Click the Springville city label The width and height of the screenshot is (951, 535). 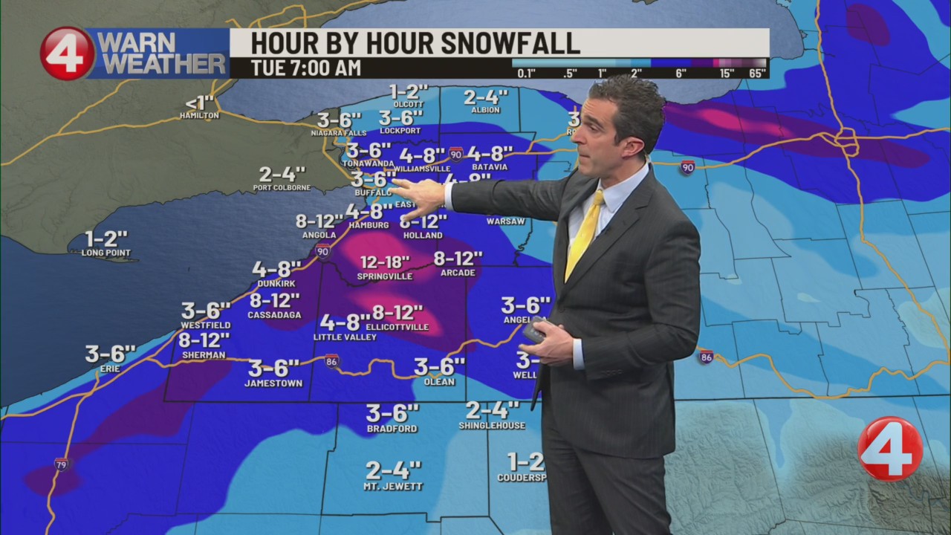coord(384,276)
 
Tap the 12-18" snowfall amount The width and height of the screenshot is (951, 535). coord(385,262)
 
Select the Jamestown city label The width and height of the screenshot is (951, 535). coord(273,383)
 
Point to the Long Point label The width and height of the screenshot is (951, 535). coord(106,253)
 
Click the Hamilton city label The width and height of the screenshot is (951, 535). coord(199,116)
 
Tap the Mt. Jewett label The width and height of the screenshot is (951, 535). coord(393,487)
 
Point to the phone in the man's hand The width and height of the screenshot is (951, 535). coord(533,328)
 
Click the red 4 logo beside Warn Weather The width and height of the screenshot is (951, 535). coord(67,53)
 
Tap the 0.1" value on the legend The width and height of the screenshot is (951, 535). coord(526,73)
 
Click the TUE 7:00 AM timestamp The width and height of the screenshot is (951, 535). coord(306,68)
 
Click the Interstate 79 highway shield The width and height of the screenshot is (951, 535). coord(62,464)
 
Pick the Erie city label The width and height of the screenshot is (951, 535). coord(110,369)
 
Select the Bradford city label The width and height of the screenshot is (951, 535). coord(392,429)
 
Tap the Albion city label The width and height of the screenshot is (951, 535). coord(485,110)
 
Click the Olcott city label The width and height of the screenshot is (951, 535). coord(409,105)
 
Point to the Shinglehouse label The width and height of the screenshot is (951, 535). coord(492,426)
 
